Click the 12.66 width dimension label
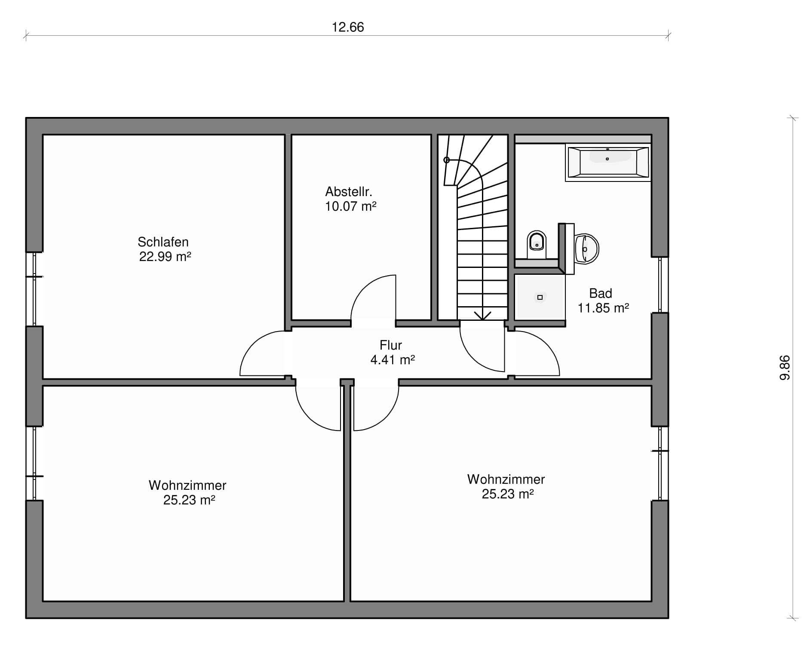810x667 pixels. [348, 27]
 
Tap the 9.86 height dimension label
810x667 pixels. [785, 368]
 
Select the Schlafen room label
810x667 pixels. [163, 242]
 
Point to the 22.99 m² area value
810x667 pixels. [165, 257]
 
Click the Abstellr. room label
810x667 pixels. [349, 191]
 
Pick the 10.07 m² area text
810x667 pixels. [351, 206]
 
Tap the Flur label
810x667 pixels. [391, 345]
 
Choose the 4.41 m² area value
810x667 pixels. [393, 360]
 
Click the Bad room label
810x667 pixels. [601, 293]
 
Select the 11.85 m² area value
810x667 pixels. [603, 308]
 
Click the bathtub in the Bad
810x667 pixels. [608, 162]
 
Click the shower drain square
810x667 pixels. [540, 297]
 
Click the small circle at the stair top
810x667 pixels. [447, 160]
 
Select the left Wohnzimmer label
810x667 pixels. [187, 485]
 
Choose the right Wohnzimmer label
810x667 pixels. [506, 479]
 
